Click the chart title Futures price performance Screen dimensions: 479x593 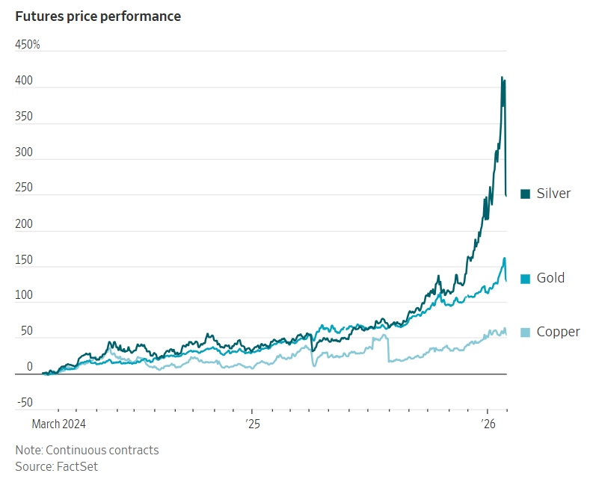(98, 16)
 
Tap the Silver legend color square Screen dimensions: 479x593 (525, 194)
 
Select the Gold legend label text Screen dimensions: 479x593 (550, 278)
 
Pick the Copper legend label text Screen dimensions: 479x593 (558, 332)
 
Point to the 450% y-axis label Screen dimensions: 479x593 (28, 45)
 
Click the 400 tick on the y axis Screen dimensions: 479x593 (24, 81)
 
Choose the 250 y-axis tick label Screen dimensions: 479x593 (24, 188)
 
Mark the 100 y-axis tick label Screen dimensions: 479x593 (24, 296)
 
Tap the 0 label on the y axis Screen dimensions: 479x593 (30, 367)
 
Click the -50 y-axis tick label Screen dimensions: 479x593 (25, 403)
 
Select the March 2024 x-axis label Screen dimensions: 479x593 (59, 424)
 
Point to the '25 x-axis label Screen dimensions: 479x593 (251, 424)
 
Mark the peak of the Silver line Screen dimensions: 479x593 (502, 77)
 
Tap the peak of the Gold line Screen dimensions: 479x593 (505, 259)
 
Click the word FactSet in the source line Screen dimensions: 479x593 (77, 466)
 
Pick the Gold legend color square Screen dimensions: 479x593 (525, 278)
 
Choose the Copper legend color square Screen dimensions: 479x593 (525, 332)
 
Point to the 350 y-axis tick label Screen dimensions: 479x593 (24, 117)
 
